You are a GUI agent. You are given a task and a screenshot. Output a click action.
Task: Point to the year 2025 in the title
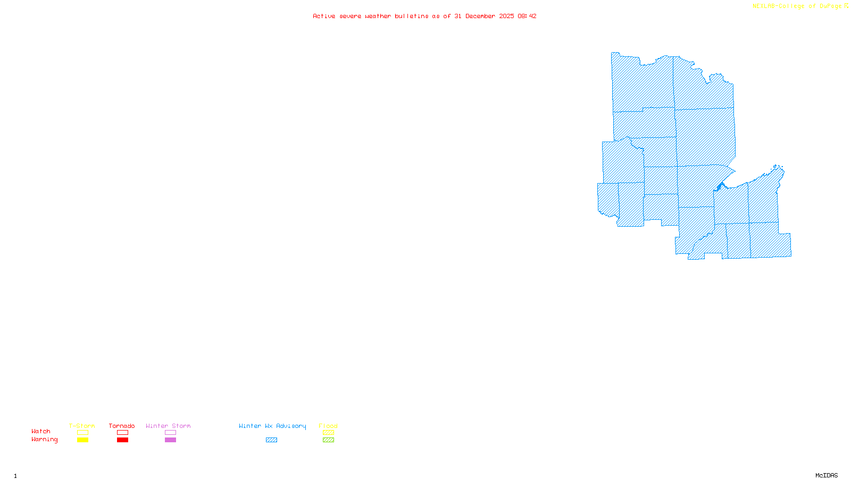tap(506, 16)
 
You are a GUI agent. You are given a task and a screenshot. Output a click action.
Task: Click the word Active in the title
tap(324, 16)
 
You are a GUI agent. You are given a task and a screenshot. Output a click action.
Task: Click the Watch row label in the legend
tap(41, 431)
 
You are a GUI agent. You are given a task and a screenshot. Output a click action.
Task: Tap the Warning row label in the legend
tap(44, 440)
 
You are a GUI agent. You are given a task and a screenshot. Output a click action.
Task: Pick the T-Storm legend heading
tap(82, 426)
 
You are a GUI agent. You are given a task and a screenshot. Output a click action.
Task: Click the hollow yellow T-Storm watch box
tap(82, 433)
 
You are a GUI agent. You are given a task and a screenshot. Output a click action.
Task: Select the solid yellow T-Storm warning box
tap(82, 440)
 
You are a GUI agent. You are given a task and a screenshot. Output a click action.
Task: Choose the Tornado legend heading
tap(122, 426)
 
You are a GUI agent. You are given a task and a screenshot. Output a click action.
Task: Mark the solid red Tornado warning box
tap(122, 440)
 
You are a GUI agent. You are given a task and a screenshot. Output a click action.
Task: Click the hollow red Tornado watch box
tap(122, 433)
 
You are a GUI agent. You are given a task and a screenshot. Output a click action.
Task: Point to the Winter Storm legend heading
tap(168, 426)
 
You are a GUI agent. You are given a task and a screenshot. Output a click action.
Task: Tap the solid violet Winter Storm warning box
tap(170, 440)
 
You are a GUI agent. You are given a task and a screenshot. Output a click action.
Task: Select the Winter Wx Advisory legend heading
tap(272, 426)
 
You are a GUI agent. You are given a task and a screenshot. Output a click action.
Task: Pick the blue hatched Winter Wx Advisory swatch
tap(271, 440)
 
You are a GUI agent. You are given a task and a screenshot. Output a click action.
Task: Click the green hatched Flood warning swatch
tap(328, 440)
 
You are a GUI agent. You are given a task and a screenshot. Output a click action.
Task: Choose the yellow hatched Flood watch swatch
tap(328, 433)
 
